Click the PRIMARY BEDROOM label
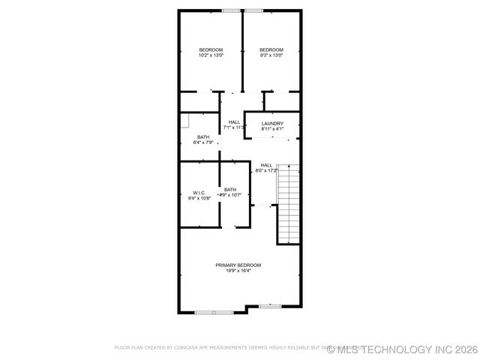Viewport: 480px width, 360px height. pos(238,265)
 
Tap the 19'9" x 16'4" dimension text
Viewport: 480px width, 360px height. pos(238,271)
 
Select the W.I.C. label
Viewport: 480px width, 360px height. pos(199,193)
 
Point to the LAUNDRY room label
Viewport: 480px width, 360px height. pos(272,124)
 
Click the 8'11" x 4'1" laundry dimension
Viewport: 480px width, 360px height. pos(272,130)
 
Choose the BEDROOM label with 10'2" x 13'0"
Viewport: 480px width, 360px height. pos(211,49)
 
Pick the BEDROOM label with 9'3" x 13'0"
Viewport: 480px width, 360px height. pos(271,49)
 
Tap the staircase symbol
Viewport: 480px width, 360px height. pos(288,202)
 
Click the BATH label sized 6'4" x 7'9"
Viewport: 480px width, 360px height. pos(203,136)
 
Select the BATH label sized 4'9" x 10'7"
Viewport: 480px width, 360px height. pos(229,189)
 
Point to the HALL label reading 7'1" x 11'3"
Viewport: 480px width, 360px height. pos(234,121)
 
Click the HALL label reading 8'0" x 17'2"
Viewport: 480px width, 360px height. pos(266,164)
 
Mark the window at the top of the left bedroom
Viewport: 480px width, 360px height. pos(232,10)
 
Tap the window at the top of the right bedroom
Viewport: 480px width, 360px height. pos(253,10)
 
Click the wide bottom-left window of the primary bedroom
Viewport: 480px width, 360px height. pos(214,312)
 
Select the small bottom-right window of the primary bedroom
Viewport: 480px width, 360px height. pos(270,306)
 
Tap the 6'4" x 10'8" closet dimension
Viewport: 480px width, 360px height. pos(199,199)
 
